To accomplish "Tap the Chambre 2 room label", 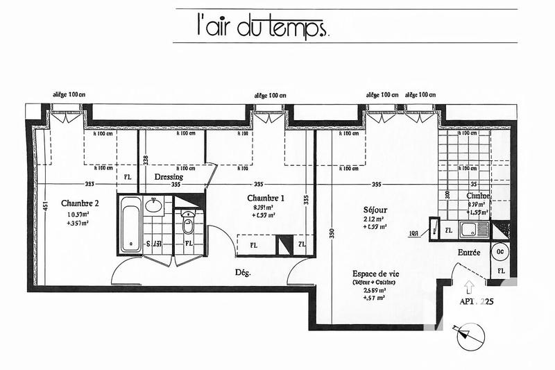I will (80, 203).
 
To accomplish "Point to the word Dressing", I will (169, 177).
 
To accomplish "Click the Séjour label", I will (375, 210).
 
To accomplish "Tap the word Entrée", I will (469, 253).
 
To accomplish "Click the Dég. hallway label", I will (243, 272).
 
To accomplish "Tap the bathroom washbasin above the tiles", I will (154, 205).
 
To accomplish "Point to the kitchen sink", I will (477, 228).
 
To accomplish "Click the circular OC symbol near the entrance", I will (499, 251).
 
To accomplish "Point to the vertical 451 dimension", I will (44, 205).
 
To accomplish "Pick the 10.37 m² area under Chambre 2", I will (77, 215).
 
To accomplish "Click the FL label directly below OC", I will (499, 270).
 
